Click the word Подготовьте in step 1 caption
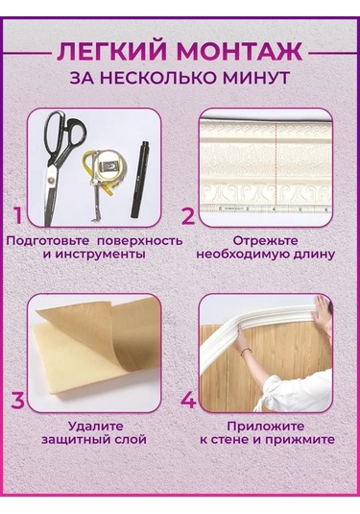click(46, 239)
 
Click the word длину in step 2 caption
click(311, 255)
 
